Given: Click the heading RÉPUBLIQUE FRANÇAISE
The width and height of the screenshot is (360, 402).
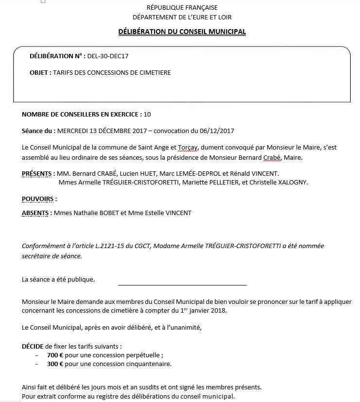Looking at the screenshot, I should pos(182,7).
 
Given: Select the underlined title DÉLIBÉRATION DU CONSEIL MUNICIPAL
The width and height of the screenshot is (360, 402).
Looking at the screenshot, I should pos(182,32).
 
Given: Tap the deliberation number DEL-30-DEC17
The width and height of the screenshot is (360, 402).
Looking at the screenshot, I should pos(108,56).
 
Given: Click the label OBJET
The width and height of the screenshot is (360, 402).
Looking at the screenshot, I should pos(40,73).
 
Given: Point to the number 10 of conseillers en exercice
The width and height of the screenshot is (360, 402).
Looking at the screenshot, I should pos(147,115).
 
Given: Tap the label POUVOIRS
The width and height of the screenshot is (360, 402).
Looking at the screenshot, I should pos(39,199).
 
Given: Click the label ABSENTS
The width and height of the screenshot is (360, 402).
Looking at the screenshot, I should pos(36,213).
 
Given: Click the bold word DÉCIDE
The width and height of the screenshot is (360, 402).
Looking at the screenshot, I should pos(33,347).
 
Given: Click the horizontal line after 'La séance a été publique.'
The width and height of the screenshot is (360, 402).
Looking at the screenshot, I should pos(182,285).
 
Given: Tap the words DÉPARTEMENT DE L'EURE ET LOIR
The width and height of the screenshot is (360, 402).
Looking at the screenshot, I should pos(182,17).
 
